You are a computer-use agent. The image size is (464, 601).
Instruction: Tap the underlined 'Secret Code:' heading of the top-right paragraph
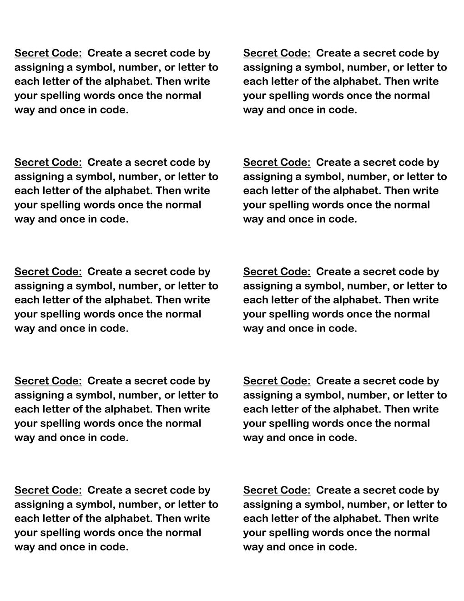tap(277, 53)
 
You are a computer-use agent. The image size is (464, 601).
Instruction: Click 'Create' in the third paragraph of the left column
tap(103, 272)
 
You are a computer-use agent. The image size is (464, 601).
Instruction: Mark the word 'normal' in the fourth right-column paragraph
tap(412, 423)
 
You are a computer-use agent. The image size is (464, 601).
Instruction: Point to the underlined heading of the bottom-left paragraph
tap(48, 490)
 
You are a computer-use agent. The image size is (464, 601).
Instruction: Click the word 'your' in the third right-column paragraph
tap(254, 314)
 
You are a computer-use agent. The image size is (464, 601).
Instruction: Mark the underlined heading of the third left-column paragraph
tap(48, 272)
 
